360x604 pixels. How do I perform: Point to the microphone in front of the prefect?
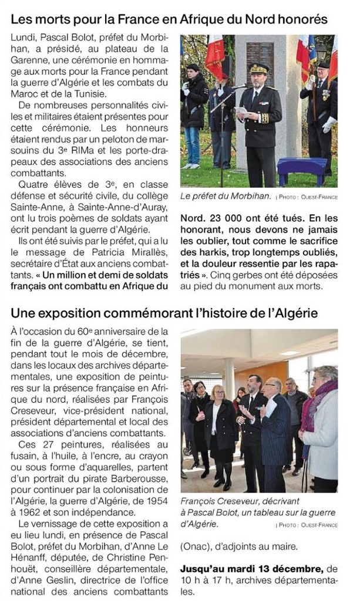pyautogui.click(x=240, y=87)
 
